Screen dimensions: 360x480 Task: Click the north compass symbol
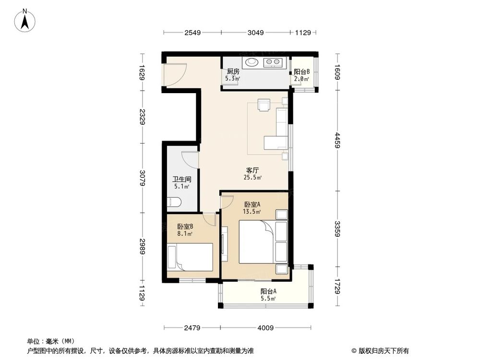27,21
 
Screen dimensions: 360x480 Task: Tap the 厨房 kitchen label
233,72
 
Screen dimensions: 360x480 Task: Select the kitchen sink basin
252,62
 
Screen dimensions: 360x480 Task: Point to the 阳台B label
301,72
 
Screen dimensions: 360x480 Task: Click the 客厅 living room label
253,170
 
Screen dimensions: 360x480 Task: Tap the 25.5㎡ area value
253,178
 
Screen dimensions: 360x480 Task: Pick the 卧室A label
252,204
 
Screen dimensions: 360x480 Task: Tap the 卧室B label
185,227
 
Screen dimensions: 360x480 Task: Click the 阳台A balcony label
268,291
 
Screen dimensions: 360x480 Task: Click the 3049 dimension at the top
255,33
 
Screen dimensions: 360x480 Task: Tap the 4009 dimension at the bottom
265,328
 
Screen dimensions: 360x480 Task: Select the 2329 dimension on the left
142,117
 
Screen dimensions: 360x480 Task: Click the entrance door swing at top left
174,74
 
